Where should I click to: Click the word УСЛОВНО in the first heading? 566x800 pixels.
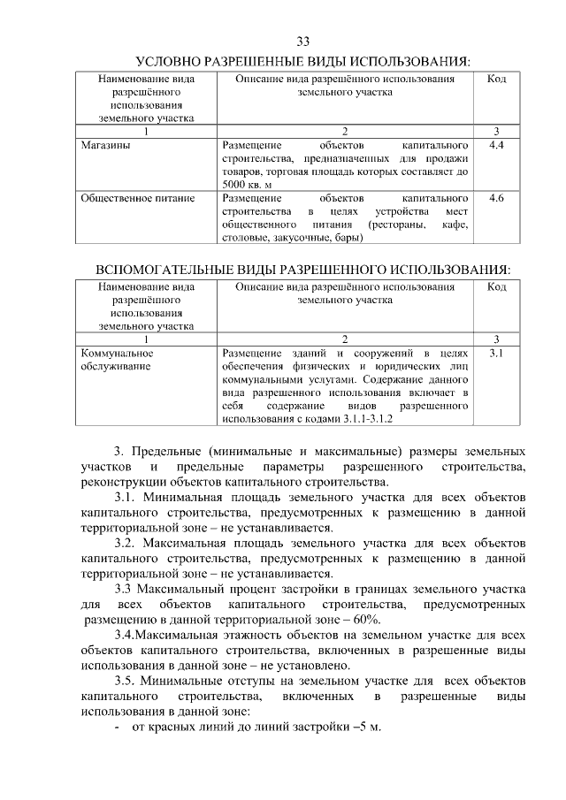(172, 62)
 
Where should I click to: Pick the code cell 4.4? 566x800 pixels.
(496, 144)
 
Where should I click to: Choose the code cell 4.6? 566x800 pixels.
(496, 198)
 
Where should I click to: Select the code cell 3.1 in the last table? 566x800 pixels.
(496, 353)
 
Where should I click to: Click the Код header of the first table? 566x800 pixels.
(496, 80)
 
